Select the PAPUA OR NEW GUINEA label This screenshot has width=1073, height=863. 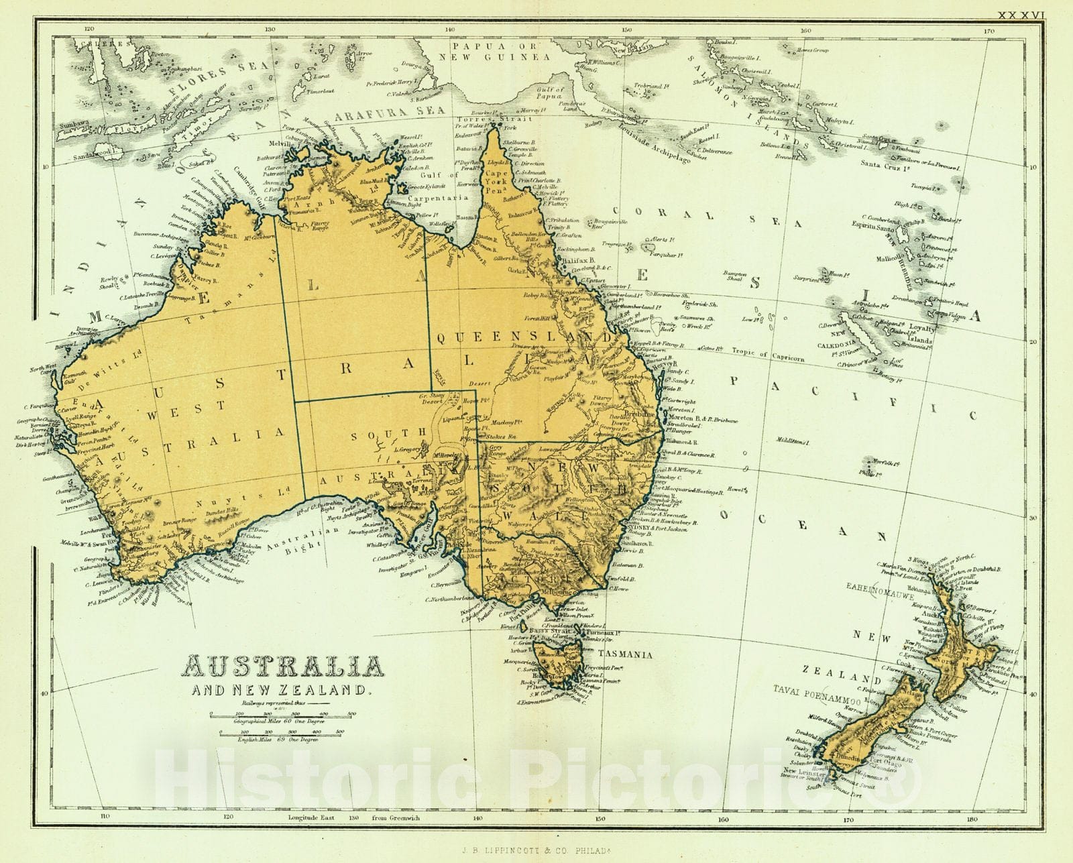tap(494, 52)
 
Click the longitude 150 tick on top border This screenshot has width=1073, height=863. tap(626, 30)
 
